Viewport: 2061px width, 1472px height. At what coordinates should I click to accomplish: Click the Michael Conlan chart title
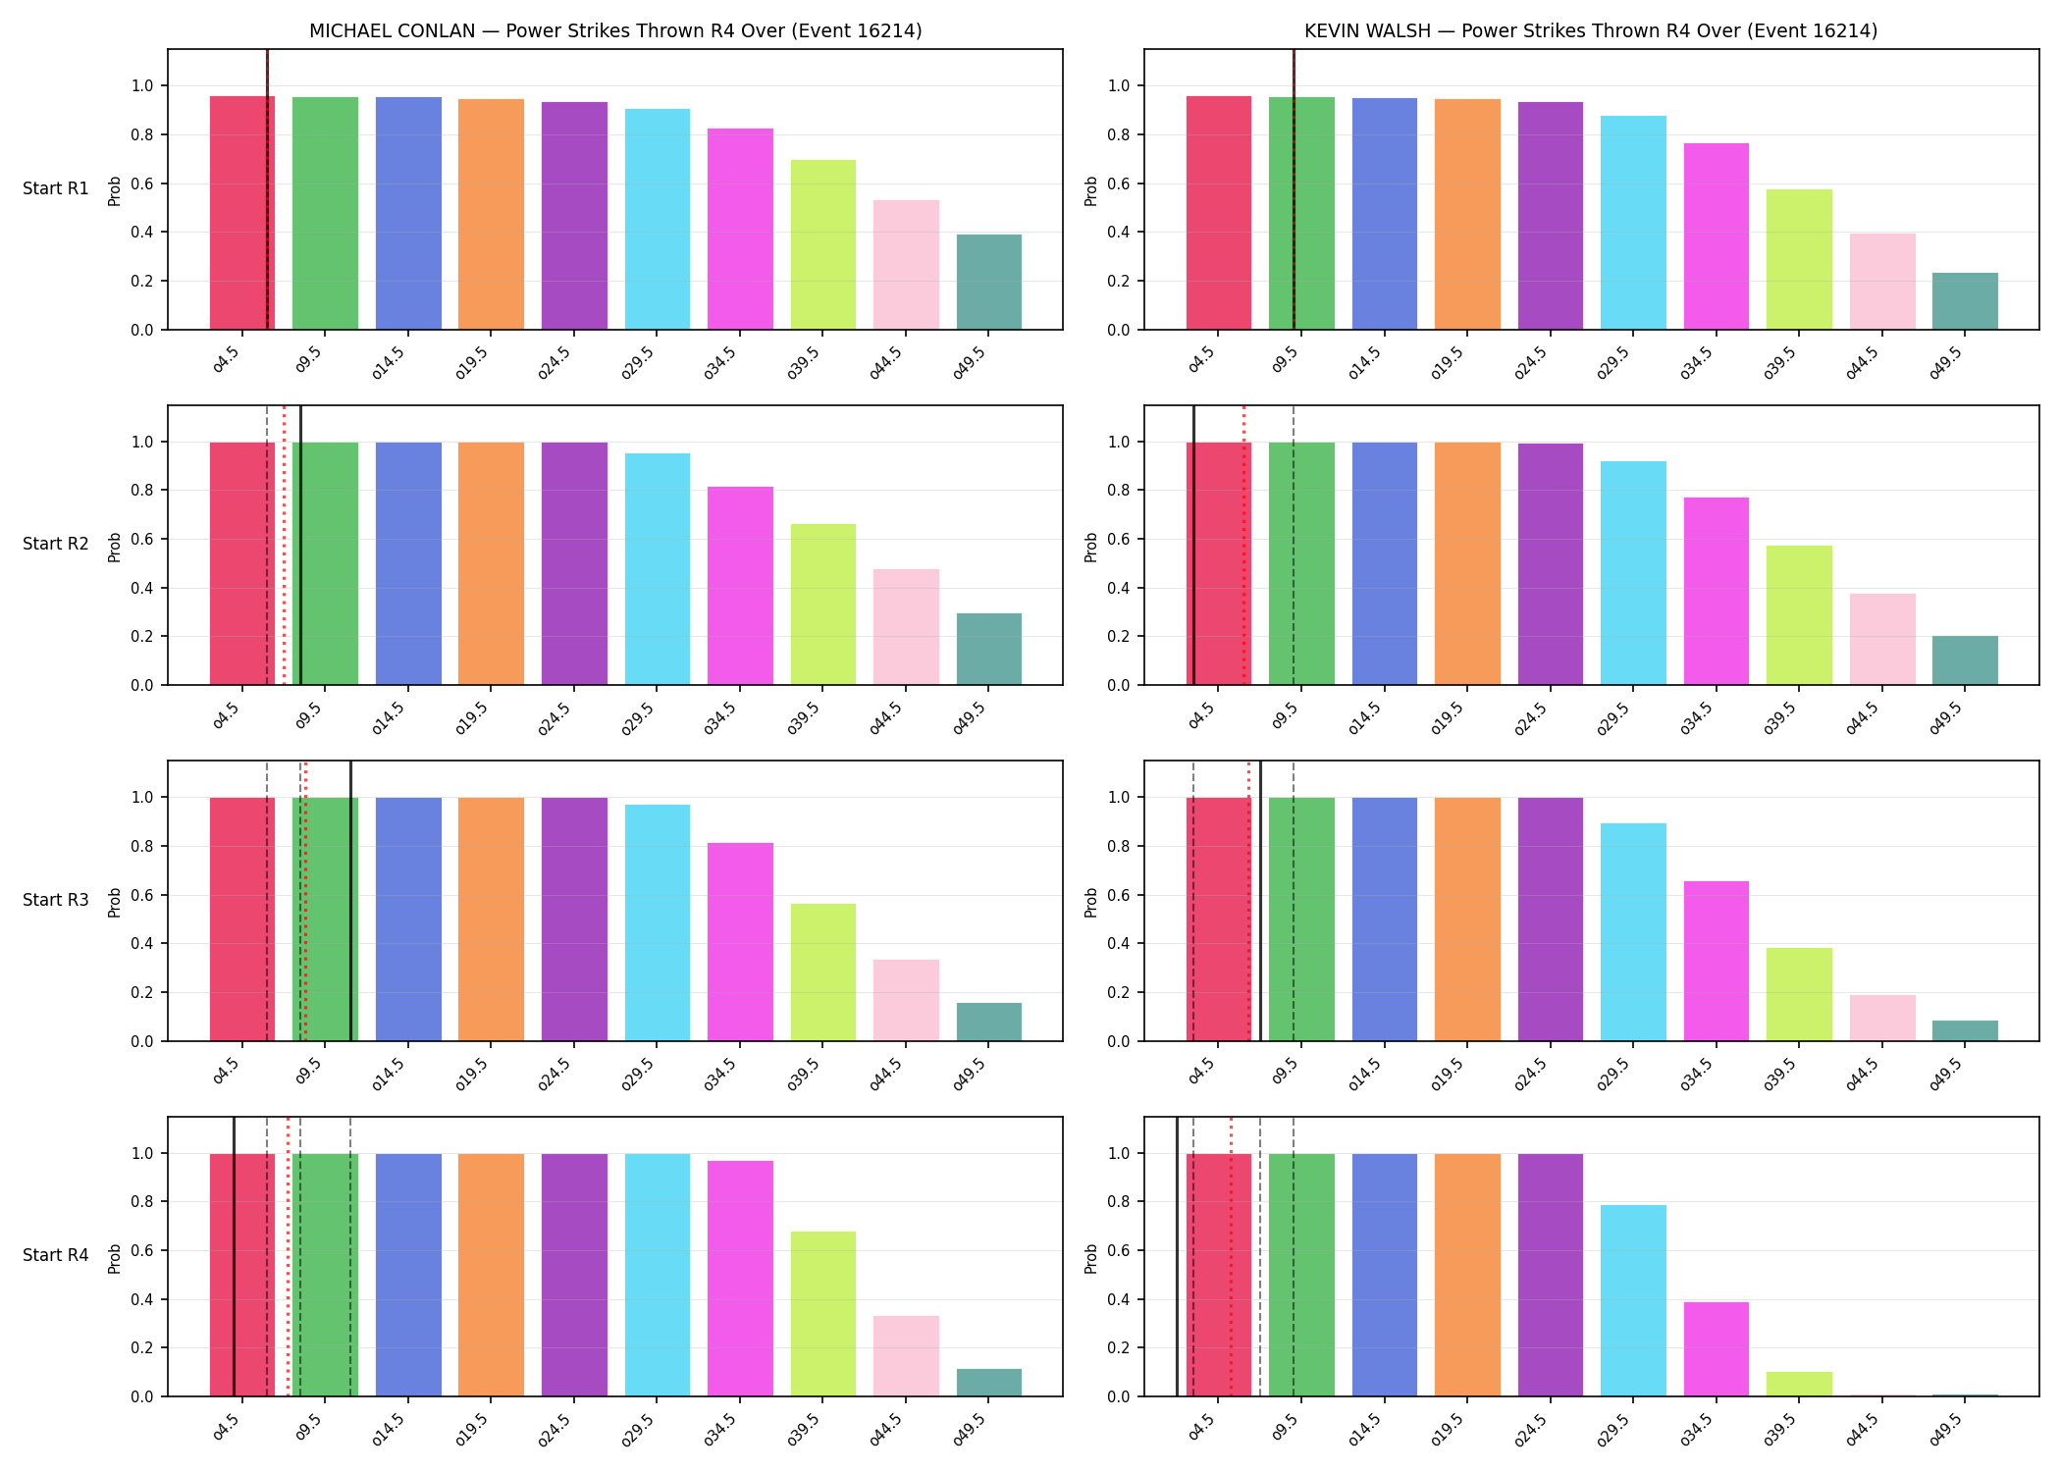coord(615,30)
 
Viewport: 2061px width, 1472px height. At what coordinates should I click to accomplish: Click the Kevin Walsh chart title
coord(1591,30)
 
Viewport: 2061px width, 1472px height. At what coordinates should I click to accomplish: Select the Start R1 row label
coord(56,188)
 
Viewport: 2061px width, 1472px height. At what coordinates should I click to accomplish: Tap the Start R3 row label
coord(56,900)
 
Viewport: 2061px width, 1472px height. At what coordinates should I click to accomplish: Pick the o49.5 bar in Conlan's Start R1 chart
coord(989,282)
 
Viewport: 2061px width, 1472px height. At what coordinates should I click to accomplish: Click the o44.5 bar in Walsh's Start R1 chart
coord(1882,281)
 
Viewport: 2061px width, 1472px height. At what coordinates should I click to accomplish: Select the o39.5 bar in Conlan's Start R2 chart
coord(823,605)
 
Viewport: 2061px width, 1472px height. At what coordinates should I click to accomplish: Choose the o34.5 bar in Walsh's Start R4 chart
coord(1717,1349)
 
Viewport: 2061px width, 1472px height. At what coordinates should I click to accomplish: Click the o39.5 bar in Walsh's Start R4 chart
coord(1799,1384)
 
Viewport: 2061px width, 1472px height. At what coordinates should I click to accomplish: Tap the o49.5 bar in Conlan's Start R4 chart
coord(989,1383)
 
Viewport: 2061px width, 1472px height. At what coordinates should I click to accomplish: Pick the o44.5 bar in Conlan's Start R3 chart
coord(906,1000)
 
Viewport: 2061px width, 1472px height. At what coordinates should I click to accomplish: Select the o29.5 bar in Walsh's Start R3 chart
coord(1633,932)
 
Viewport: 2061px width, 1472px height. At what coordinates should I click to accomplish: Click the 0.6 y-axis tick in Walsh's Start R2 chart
coord(1119,539)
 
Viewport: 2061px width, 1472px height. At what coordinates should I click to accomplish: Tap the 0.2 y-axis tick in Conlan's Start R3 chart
coord(142,992)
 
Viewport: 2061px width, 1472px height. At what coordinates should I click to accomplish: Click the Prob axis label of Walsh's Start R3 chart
coord(1091,901)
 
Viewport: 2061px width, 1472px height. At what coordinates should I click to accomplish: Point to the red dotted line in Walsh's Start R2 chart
coord(1243,545)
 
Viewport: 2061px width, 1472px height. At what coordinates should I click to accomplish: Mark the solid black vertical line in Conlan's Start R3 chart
coord(350,901)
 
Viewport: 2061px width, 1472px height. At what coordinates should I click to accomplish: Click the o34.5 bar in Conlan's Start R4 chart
coord(740,1279)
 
